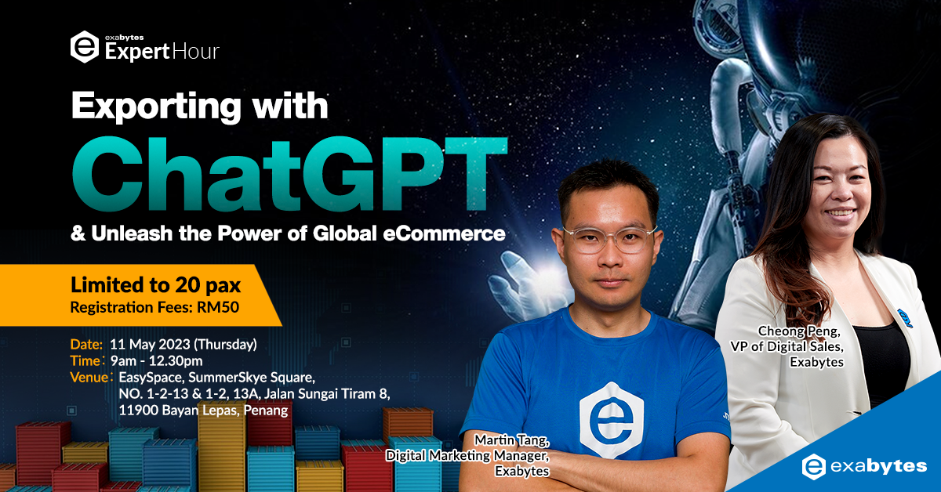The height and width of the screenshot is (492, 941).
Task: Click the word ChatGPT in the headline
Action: (290, 173)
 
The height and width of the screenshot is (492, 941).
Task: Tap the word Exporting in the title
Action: (156, 107)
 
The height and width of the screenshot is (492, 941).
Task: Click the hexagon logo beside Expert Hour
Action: (85, 46)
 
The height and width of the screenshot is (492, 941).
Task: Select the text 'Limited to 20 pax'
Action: (155, 285)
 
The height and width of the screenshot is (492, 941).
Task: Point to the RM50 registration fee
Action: (218, 307)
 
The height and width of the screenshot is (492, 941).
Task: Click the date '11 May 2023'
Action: (150, 345)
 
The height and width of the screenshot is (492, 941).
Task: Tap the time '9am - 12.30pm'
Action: (156, 361)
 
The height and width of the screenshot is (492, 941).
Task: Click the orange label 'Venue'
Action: (89, 378)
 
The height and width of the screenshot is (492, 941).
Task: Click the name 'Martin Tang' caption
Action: (511, 440)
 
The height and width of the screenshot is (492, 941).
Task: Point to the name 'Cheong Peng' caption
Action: (799, 331)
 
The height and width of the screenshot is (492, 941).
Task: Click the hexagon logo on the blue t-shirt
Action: (612, 420)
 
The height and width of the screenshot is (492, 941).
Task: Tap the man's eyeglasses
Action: (610, 240)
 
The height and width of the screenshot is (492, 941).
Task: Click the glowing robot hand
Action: (525, 282)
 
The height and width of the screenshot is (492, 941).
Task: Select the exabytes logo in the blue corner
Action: (864, 466)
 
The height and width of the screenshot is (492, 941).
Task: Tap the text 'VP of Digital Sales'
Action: (787, 346)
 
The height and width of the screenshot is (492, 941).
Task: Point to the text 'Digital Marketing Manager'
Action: (467, 455)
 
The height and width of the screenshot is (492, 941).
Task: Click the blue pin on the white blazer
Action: (904, 318)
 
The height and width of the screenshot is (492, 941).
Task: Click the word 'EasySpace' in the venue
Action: (151, 378)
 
